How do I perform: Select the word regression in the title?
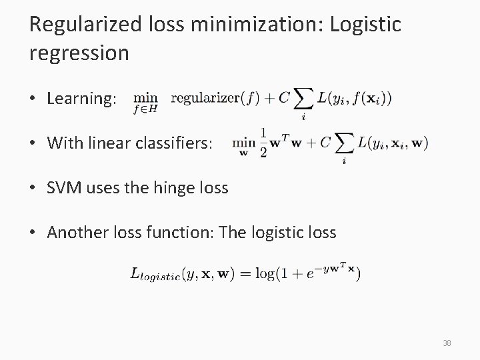tap(79, 53)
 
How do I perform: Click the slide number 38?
tap(447, 343)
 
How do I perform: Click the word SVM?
tap(64, 188)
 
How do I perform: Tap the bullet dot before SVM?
tap(33, 189)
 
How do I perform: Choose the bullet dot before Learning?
tap(33, 99)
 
